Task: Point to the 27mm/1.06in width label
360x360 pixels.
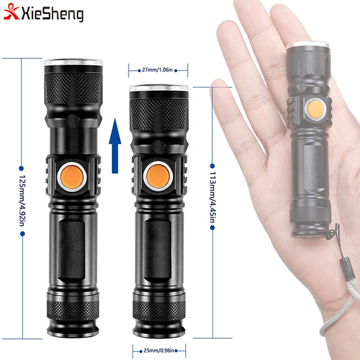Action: [x=158, y=71]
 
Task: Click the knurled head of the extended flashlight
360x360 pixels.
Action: [x=73, y=88]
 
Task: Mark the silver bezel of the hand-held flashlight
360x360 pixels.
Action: [x=307, y=46]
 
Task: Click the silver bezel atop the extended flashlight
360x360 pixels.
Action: [x=73, y=63]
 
